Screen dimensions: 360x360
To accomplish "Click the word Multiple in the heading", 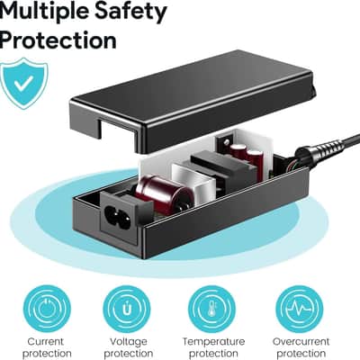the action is click(43, 13).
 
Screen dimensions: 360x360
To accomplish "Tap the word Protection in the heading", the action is click(58, 40).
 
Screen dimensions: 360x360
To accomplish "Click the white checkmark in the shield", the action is click(23, 81).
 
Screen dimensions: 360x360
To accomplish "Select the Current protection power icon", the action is click(47, 309).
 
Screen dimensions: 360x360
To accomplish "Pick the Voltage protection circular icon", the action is click(127, 309).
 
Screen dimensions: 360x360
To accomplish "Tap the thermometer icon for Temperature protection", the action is click(212, 309).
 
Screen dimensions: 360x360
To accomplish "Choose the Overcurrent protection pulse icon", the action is click(299, 309).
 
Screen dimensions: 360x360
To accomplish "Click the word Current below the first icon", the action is click(46, 341).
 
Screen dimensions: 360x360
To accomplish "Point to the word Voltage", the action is click(129, 342).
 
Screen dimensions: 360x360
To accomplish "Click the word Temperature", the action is click(213, 342).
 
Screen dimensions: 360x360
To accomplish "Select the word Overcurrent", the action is click(301, 341).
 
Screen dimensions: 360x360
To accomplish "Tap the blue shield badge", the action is click(24, 84).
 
